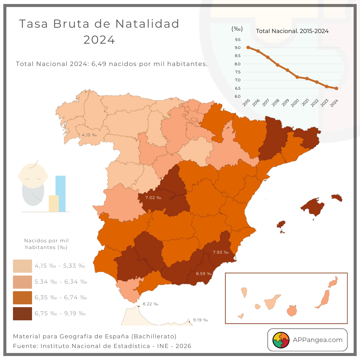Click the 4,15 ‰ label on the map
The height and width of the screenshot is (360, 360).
point(89,135)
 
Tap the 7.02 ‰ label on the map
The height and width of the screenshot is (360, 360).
point(153,198)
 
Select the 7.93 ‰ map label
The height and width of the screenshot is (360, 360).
point(221,252)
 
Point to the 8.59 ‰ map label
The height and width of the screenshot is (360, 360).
point(204,274)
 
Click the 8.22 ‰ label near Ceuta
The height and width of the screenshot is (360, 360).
point(150,304)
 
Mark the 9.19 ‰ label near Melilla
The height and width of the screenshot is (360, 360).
point(200,320)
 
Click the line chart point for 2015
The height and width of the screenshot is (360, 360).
point(248,47)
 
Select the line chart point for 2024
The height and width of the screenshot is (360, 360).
point(336,88)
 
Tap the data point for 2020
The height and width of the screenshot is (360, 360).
point(297,77)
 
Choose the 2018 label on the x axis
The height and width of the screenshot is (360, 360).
point(276,103)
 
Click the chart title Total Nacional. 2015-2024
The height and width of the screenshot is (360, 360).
point(292,31)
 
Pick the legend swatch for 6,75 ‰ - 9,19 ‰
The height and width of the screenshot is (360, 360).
point(22,314)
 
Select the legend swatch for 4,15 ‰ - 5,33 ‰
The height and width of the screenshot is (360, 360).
point(22,266)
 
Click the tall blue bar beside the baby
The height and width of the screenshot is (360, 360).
point(60,193)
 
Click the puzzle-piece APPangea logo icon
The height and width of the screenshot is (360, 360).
point(281,340)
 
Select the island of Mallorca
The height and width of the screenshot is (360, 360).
point(313,207)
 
